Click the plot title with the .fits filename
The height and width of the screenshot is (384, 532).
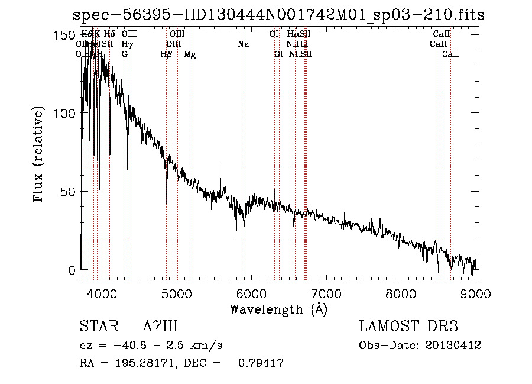click(278, 15)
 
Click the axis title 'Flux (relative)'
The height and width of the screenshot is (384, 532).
click(40, 155)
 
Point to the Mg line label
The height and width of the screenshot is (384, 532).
click(190, 54)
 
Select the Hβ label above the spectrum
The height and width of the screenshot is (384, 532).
click(167, 54)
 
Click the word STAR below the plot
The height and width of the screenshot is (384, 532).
click(98, 327)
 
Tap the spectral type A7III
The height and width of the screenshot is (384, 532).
click(160, 327)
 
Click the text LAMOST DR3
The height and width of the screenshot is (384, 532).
click(408, 327)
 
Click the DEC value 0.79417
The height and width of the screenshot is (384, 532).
click(261, 363)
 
